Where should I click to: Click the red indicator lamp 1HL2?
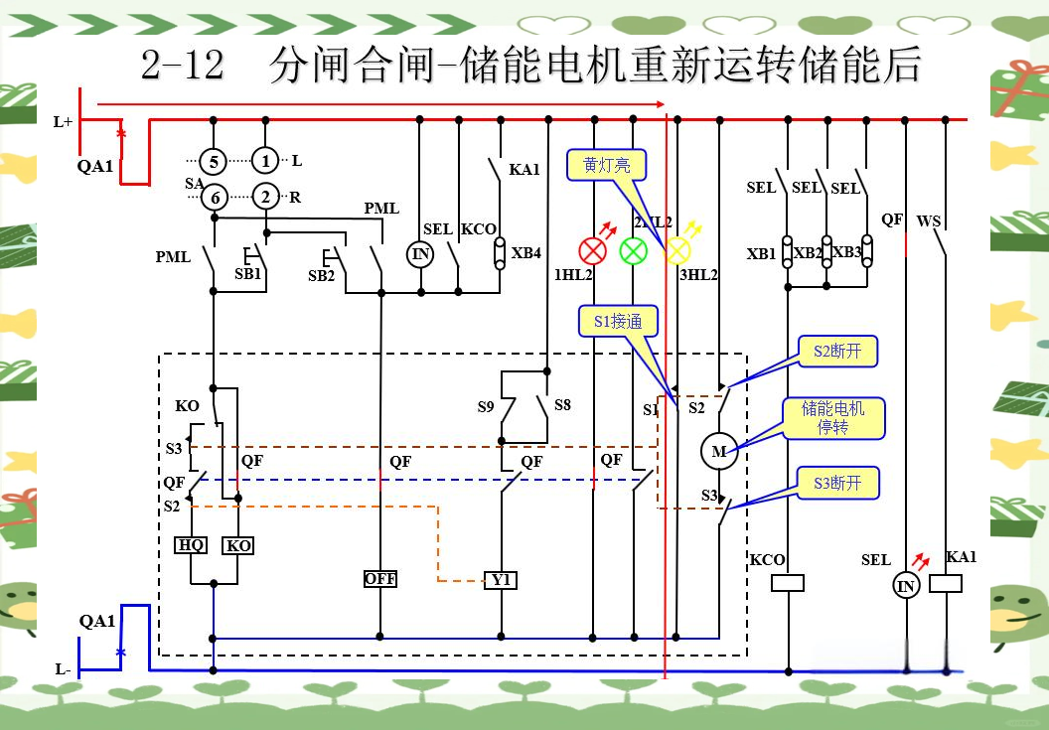click(x=593, y=251)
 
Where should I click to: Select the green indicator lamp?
click(x=633, y=251)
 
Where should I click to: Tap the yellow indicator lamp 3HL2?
click(x=676, y=250)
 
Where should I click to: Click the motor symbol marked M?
click(x=718, y=452)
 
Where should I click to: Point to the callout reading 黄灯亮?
click(x=606, y=165)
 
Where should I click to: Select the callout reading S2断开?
click(x=838, y=352)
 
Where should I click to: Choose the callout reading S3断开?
click(x=838, y=483)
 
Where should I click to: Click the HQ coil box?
click(x=191, y=545)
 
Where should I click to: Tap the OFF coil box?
click(x=380, y=579)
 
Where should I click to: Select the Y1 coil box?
click(x=501, y=579)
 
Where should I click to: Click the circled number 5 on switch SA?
click(x=214, y=161)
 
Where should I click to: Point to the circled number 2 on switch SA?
click(x=265, y=197)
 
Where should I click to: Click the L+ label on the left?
click(x=63, y=121)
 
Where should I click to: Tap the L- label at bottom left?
click(x=63, y=669)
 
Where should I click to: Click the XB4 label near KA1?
click(x=526, y=252)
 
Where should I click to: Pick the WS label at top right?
click(x=929, y=220)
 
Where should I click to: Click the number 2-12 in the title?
click(x=183, y=67)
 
